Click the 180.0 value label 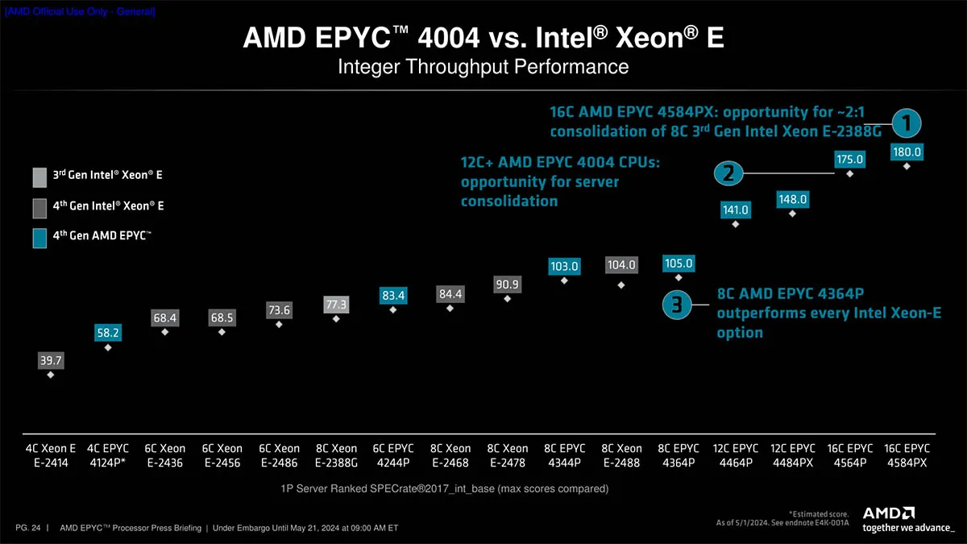tap(907, 152)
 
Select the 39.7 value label tap(51, 360)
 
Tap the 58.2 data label tap(108, 332)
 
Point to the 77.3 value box tap(336, 305)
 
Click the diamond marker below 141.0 tap(735, 224)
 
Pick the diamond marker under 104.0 tap(620, 285)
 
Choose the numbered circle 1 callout tap(907, 123)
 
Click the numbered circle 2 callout tap(728, 173)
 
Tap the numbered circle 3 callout tap(677, 305)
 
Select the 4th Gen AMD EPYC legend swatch tap(39, 239)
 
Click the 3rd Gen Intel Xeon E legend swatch tap(39, 177)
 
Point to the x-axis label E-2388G tap(336, 463)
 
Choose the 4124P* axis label tap(108, 463)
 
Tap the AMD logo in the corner tap(889, 513)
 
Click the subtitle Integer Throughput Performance tap(483, 66)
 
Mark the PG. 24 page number tap(27, 528)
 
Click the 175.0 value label tap(849, 160)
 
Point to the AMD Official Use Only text tap(80, 11)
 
